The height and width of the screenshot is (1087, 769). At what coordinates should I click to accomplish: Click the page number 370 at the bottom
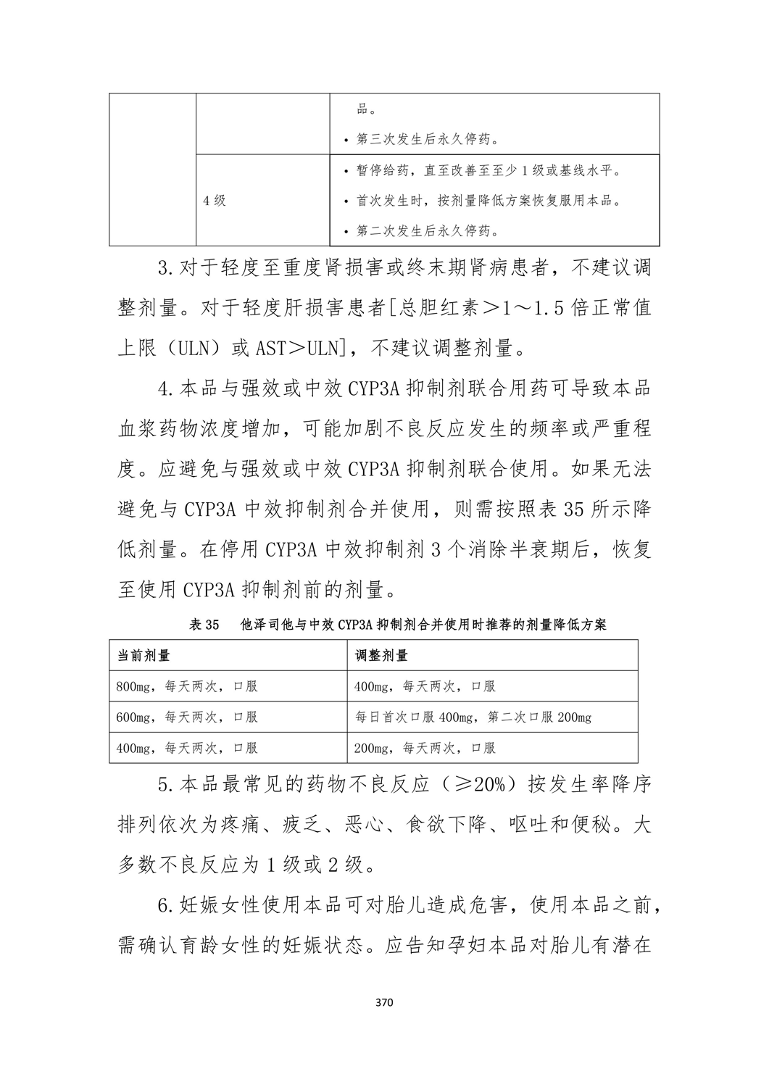(x=384, y=1004)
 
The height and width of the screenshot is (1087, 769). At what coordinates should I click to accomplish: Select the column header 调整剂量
(x=381, y=655)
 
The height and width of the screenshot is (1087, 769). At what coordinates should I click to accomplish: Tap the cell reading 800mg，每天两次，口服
(x=186, y=686)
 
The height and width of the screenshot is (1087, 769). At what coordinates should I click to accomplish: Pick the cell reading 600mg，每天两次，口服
(x=186, y=717)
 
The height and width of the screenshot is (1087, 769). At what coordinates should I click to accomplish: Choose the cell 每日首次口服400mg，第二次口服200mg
(x=473, y=717)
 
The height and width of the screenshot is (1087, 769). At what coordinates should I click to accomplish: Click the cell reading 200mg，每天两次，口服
(x=425, y=748)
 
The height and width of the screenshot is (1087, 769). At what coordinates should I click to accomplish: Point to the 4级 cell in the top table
(x=215, y=201)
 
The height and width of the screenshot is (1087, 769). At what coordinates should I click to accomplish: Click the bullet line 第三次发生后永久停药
(x=427, y=138)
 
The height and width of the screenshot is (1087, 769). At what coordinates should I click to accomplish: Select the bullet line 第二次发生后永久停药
(x=427, y=231)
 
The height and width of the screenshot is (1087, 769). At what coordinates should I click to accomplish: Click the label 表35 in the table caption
(x=204, y=625)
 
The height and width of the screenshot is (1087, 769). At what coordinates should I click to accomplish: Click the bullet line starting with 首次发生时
(x=488, y=201)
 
